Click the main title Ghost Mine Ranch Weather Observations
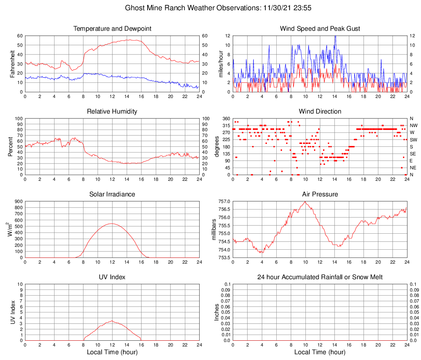coord(210,8)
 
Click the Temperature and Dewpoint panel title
coord(112,29)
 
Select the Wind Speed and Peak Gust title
coord(320,29)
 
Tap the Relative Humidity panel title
coord(112,112)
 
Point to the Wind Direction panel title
coord(320,112)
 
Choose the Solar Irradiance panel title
coord(112,194)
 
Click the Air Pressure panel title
coord(320,194)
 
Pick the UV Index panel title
coord(112,277)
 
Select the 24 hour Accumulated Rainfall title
coord(320,277)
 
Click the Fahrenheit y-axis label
coord(12,64)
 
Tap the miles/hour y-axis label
coord(221,64)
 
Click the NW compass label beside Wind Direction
coord(414,125)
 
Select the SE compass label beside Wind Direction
coord(413,154)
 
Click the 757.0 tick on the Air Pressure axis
coord(224,201)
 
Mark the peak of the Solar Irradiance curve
coord(112,223)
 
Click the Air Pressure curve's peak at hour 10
coord(305,201)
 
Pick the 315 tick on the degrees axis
coord(226,125)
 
